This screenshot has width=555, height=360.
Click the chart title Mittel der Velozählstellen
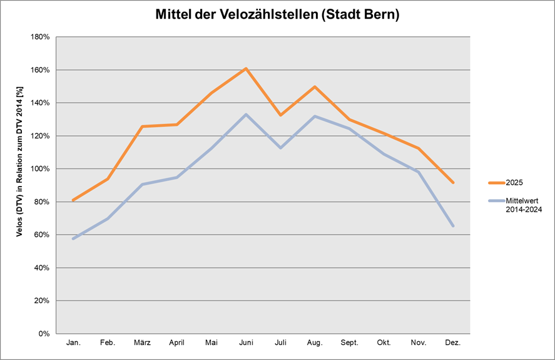pyautogui.click(x=277, y=15)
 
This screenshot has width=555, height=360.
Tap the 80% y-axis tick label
pyautogui.click(x=43, y=202)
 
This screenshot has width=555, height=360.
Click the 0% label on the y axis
pyautogui.click(x=44, y=334)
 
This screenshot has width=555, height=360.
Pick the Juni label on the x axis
pyautogui.click(x=246, y=343)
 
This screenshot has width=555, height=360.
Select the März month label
pyautogui.click(x=142, y=343)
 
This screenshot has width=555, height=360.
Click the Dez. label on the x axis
pyautogui.click(x=452, y=343)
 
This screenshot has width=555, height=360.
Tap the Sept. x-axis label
pyautogui.click(x=349, y=343)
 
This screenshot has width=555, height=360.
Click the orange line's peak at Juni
pyautogui.click(x=246, y=68)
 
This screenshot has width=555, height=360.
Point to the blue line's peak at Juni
pyautogui.click(x=246, y=115)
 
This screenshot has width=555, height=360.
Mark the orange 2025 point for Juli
pyautogui.click(x=280, y=115)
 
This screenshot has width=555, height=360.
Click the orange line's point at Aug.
pyautogui.click(x=315, y=86)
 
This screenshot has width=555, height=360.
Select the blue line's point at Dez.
pyautogui.click(x=452, y=226)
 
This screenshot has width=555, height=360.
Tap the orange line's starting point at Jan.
pyautogui.click(x=74, y=200)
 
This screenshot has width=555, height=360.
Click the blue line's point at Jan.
pyautogui.click(x=74, y=239)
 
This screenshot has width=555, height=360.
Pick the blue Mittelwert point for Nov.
pyautogui.click(x=418, y=172)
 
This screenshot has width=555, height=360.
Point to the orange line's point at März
pyautogui.click(x=143, y=126)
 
